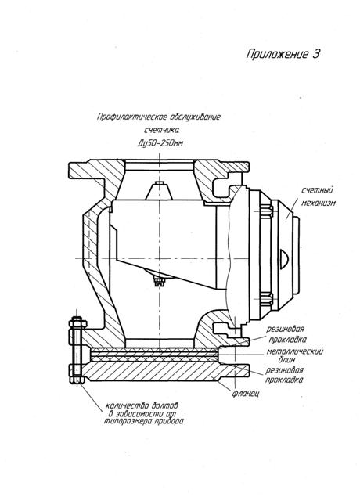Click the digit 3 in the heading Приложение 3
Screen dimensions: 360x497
(x=315, y=53)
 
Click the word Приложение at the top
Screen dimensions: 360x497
(x=277, y=54)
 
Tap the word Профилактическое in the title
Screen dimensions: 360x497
(x=132, y=117)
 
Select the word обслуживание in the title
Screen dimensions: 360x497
(x=195, y=117)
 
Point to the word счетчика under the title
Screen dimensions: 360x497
(x=162, y=130)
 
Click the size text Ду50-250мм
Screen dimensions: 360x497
(x=160, y=143)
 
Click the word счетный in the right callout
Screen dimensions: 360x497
(x=317, y=190)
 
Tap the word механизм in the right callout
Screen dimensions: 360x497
(x=318, y=203)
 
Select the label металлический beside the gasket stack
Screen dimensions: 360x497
(x=295, y=351)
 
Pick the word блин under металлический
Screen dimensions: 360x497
(x=286, y=360)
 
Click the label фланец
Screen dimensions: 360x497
(x=246, y=394)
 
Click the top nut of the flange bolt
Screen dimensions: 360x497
(x=77, y=323)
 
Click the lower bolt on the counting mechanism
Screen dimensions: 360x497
(x=265, y=299)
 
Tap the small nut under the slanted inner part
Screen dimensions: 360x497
(x=160, y=280)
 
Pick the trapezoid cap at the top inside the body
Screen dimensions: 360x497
(x=160, y=191)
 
